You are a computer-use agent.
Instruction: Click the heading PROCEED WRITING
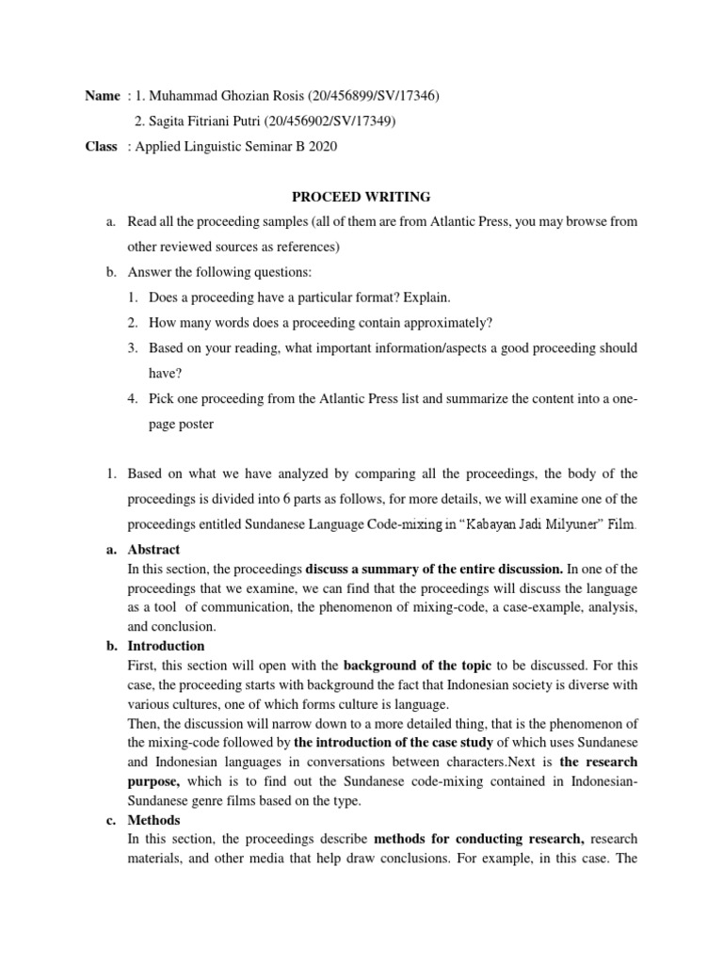tap(361, 197)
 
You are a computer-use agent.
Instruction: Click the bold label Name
tap(104, 96)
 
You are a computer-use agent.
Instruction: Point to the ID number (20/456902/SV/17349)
tap(330, 121)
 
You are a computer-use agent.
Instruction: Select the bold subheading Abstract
tap(153, 549)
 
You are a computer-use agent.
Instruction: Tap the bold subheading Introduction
tap(166, 646)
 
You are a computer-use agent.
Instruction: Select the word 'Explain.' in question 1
tap(427, 297)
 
